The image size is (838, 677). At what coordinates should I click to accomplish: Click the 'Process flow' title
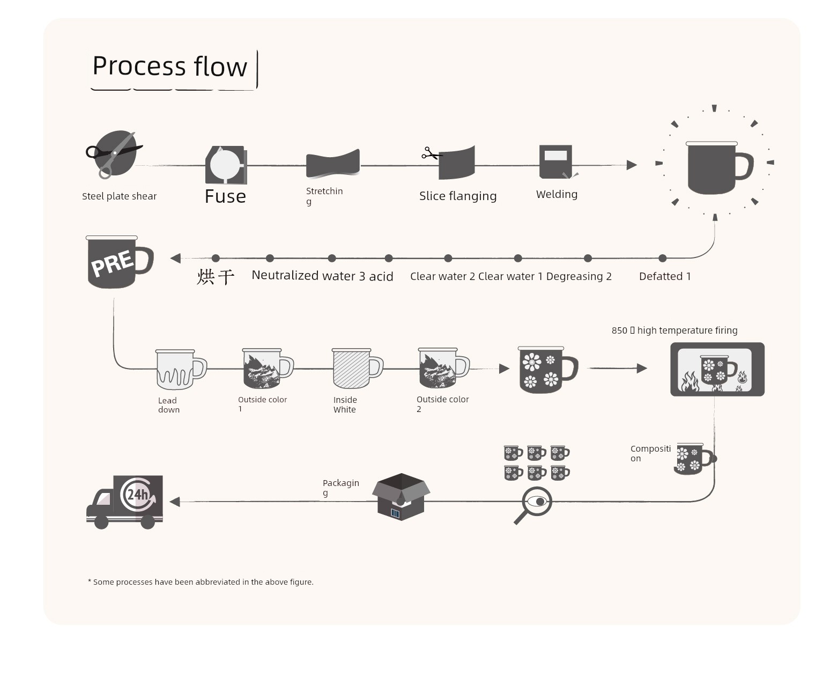tap(169, 66)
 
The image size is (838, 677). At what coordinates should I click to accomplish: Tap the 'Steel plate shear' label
tap(119, 196)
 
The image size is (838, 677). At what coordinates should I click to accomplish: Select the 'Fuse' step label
tap(225, 196)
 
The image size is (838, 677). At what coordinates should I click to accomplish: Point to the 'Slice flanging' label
tap(457, 196)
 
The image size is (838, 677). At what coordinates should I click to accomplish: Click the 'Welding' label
tap(557, 194)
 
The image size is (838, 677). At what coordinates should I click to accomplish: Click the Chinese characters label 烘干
tap(215, 277)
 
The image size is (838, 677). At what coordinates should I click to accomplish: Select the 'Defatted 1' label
tap(664, 276)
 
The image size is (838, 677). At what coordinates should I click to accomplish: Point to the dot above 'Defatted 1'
tap(662, 258)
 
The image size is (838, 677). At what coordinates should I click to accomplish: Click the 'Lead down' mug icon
tap(181, 369)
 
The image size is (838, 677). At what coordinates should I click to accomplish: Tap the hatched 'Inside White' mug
tap(357, 369)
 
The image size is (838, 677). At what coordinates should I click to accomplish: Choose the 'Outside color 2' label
tap(442, 404)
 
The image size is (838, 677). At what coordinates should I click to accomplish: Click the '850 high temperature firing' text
tap(674, 330)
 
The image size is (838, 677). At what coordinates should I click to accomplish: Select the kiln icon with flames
tap(717, 369)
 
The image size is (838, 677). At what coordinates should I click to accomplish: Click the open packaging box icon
tap(401, 497)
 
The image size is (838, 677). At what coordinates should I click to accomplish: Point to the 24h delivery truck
tap(124, 502)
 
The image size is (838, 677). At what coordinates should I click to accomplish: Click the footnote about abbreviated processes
tap(201, 582)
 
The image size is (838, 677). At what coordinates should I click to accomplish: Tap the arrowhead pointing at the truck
tap(175, 502)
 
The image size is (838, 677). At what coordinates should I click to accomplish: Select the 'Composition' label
tap(650, 453)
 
